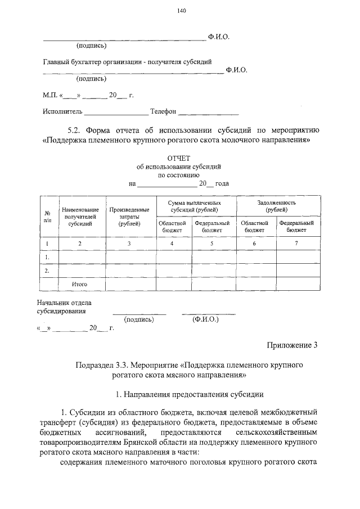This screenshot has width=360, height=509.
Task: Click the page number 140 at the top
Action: [180, 11]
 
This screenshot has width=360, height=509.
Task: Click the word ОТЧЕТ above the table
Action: [180, 158]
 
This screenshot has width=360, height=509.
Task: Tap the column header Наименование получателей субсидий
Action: [80, 216]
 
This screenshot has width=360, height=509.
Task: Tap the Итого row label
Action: [79, 285]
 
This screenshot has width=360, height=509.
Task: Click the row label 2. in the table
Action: [48, 271]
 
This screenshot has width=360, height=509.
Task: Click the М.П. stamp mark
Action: [50, 95]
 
